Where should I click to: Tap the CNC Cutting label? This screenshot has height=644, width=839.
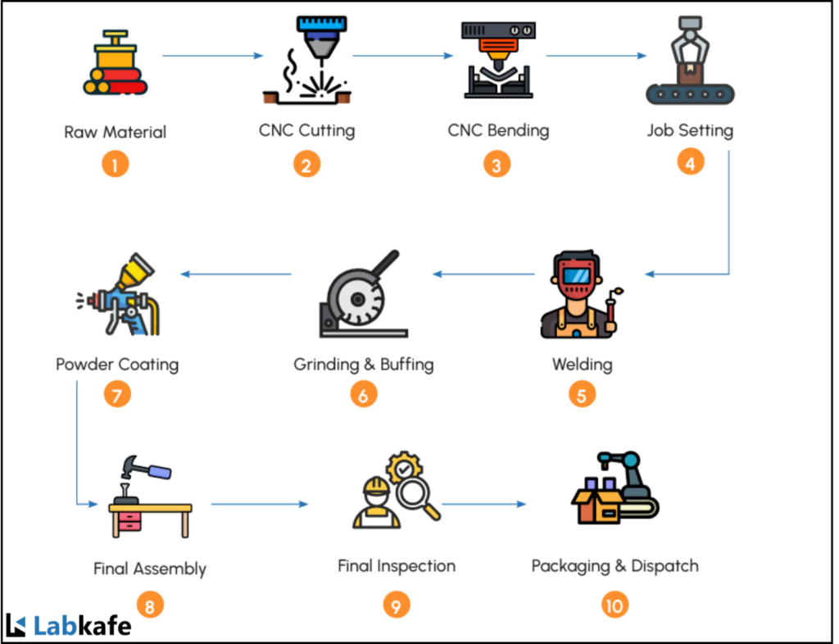[x=307, y=130]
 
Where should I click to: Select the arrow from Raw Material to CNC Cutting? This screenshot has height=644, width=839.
[x=212, y=56]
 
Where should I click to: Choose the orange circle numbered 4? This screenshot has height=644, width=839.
[x=690, y=162]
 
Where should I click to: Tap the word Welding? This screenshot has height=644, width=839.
[x=582, y=363]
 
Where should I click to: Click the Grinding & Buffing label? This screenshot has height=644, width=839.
[x=364, y=363]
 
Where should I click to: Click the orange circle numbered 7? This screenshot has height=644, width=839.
[x=117, y=396]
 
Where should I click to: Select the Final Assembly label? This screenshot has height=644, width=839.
[x=150, y=568]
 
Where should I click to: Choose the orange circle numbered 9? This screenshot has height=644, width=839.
[x=396, y=605]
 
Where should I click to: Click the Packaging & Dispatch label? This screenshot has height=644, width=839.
[x=615, y=565]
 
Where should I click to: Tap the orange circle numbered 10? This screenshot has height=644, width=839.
[x=615, y=605]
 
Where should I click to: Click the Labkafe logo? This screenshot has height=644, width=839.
[x=69, y=626]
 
